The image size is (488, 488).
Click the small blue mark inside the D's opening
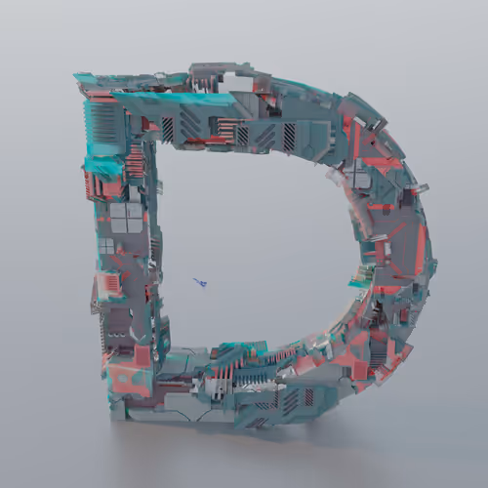(200, 282)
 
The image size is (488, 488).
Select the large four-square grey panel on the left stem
(126, 218)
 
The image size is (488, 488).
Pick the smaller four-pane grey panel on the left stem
(106, 246)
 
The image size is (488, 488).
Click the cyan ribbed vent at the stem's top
(102, 123)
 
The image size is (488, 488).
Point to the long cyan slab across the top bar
(173, 101)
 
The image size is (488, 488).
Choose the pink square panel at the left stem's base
(142, 355)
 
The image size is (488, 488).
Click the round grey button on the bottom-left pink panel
(122, 379)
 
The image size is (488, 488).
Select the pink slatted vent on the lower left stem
(109, 282)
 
